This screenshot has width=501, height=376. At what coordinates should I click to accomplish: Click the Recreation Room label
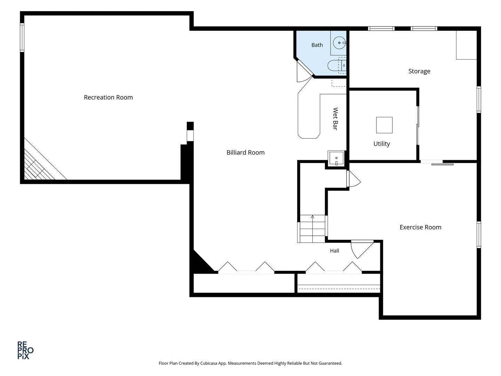108,97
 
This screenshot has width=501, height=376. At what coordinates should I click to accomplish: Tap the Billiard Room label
245,152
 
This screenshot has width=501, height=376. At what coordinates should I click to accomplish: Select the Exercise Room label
420,227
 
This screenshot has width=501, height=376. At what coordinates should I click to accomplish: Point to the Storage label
419,71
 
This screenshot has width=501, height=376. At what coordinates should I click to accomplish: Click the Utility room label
381,144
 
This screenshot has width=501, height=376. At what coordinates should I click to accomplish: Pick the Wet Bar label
335,119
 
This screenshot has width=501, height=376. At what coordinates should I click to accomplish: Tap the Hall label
334,251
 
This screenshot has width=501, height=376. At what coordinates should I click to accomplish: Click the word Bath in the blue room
317,45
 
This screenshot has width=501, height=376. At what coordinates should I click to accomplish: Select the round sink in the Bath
340,43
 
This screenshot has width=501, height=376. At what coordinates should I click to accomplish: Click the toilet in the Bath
337,65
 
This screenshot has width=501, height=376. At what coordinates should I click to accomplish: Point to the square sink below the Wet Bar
336,158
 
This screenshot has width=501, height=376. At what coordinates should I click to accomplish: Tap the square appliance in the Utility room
384,125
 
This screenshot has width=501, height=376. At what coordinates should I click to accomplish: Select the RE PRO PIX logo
25,350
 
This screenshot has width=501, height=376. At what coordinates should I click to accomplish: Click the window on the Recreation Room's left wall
22,38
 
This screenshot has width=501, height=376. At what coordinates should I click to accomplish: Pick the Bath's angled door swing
304,72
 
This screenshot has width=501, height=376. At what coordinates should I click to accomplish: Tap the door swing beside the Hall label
362,249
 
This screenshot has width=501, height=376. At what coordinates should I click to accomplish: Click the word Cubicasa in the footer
209,363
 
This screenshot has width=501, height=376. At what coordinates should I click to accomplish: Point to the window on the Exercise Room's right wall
479,234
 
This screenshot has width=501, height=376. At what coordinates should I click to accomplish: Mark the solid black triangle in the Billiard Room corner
201,263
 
